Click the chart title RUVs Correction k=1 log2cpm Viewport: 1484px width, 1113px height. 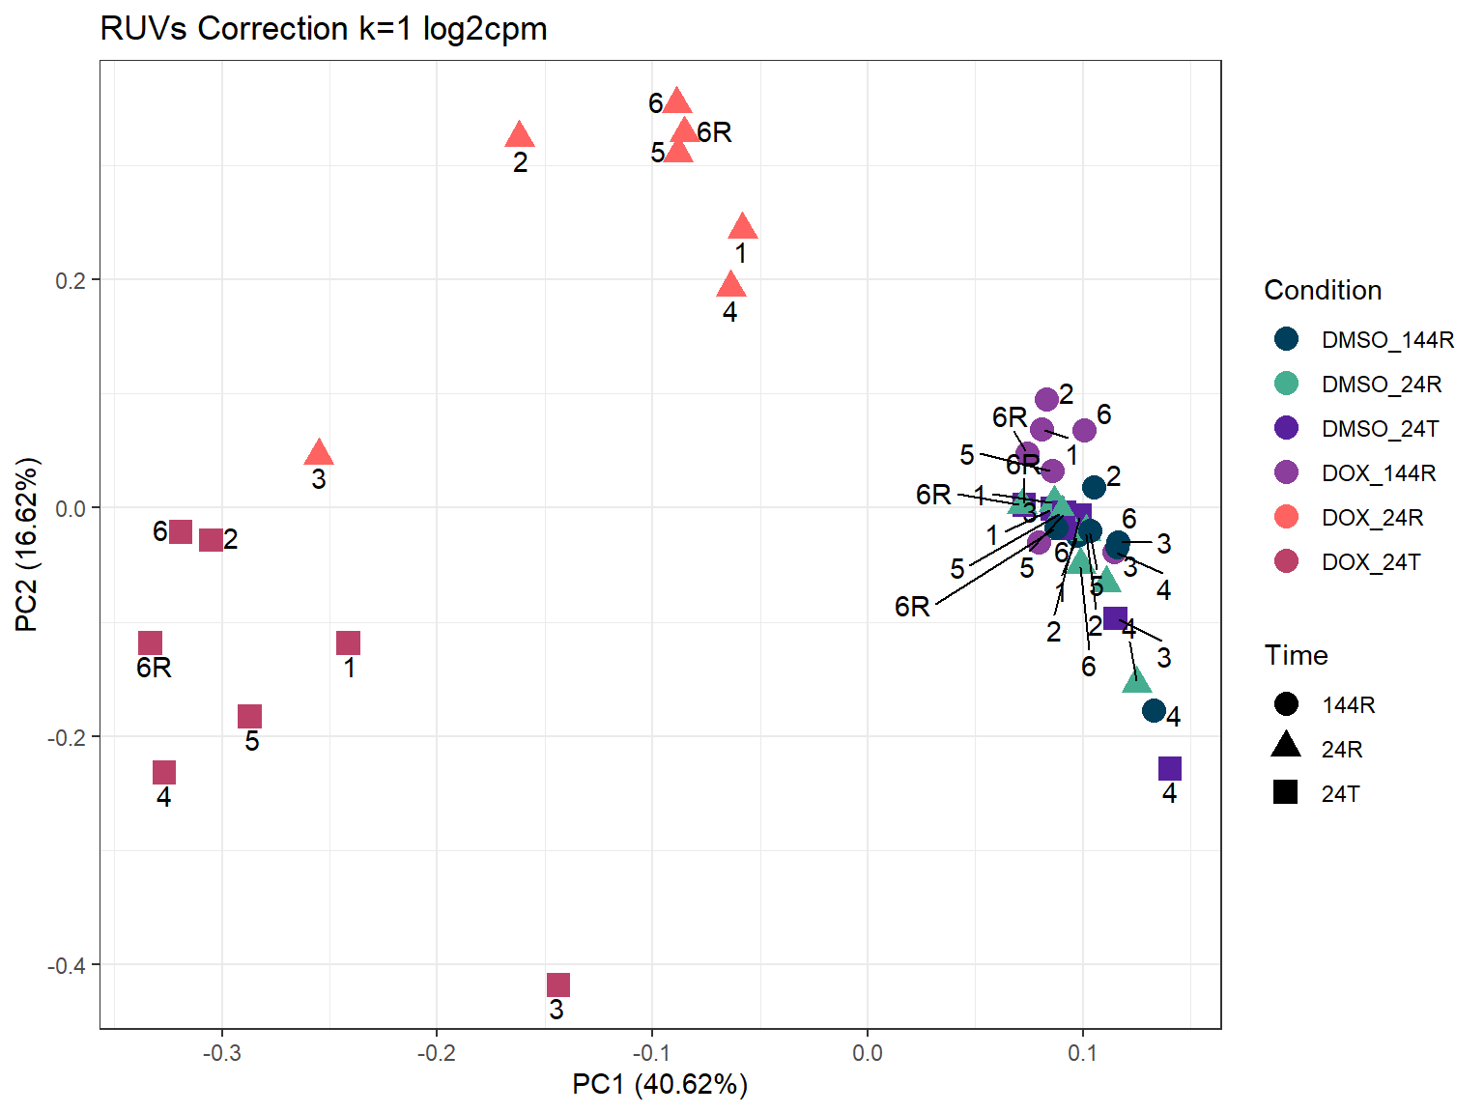324,29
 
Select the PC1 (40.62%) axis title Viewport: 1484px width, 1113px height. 660,1084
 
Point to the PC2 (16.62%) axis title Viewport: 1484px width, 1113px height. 27,545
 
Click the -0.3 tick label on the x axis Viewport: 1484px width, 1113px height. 221,1053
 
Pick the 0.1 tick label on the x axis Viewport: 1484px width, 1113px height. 1082,1053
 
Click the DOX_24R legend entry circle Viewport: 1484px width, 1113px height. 1286,517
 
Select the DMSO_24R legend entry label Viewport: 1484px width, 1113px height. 1382,385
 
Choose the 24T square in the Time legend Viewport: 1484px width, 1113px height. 1286,793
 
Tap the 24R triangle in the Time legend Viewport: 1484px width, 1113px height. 1286,747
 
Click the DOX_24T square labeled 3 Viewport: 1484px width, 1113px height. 558,985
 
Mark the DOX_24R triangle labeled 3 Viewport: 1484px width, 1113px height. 319,453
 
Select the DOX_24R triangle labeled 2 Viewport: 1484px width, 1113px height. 520,136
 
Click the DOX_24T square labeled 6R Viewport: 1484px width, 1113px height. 150,642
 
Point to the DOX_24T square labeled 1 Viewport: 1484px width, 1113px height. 349,642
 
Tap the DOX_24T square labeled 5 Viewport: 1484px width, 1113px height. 250,716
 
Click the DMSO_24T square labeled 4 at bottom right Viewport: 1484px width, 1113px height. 1170,768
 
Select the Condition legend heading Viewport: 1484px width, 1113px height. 1323,290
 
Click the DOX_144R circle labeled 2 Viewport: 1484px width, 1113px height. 1046,399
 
